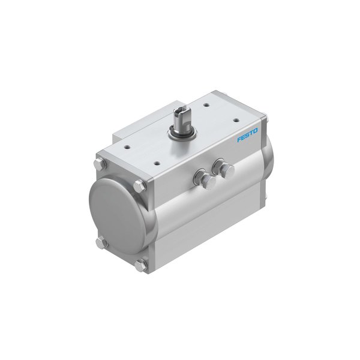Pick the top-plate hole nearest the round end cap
click(128, 143)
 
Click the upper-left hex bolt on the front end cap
click(98, 164)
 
